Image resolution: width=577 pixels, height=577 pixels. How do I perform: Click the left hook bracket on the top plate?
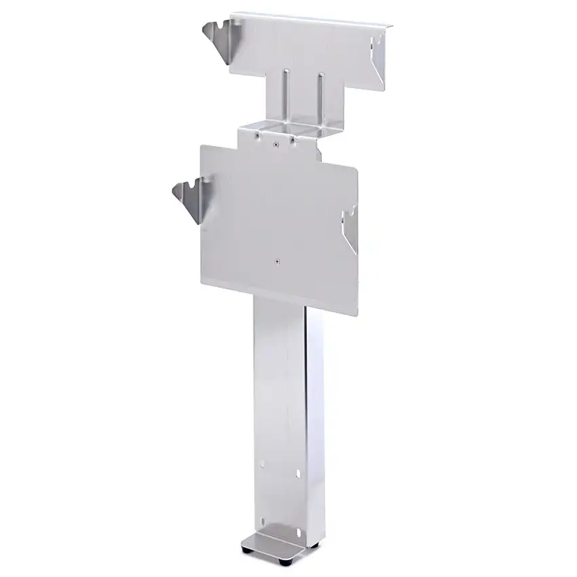(219, 37)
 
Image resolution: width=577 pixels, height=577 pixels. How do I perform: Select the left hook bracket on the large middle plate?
(191, 198)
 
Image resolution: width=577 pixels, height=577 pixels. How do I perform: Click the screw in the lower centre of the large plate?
(277, 259)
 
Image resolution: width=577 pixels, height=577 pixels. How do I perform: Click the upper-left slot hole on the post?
(263, 466)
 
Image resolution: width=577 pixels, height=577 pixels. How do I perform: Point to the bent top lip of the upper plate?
(312, 19)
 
